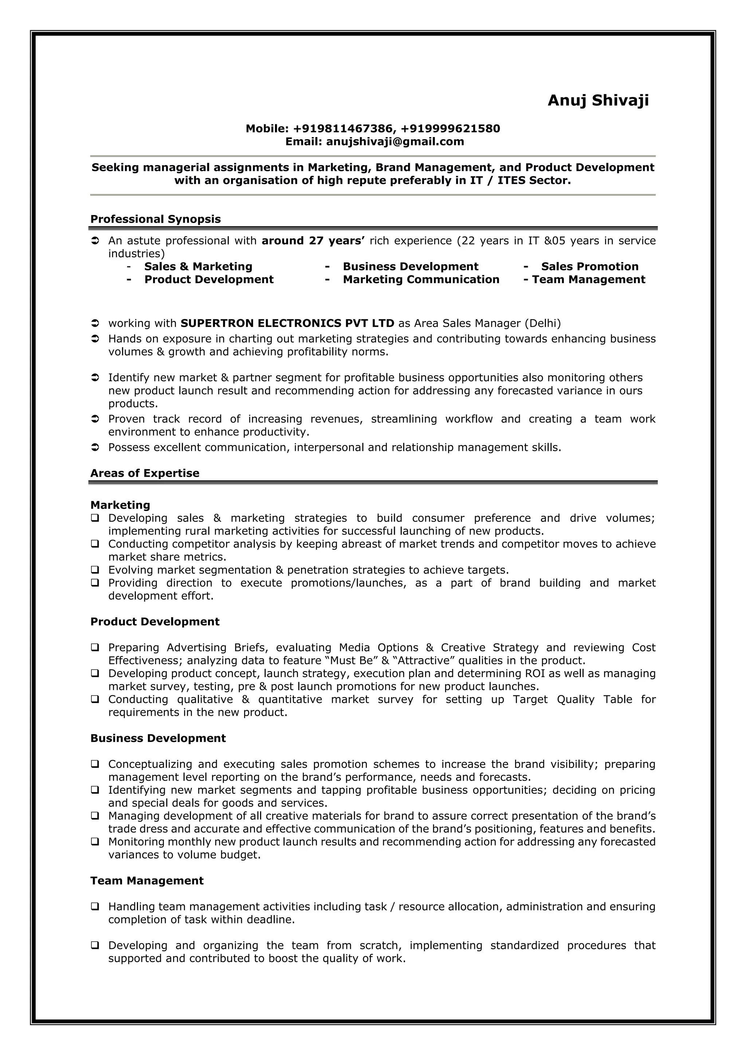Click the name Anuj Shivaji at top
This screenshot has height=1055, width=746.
click(598, 100)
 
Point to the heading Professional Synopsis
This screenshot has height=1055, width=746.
click(155, 219)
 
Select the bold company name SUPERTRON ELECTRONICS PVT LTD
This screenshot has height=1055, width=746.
click(287, 324)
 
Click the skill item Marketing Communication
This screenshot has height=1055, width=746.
click(421, 280)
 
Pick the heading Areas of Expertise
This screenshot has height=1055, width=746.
click(145, 473)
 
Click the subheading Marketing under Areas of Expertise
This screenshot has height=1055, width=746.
click(120, 505)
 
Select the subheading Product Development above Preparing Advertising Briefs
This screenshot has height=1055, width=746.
click(155, 622)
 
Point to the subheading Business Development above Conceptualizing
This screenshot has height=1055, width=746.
click(158, 738)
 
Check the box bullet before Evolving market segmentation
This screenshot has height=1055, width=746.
click(95, 570)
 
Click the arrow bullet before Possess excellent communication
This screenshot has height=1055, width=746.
click(95, 448)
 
